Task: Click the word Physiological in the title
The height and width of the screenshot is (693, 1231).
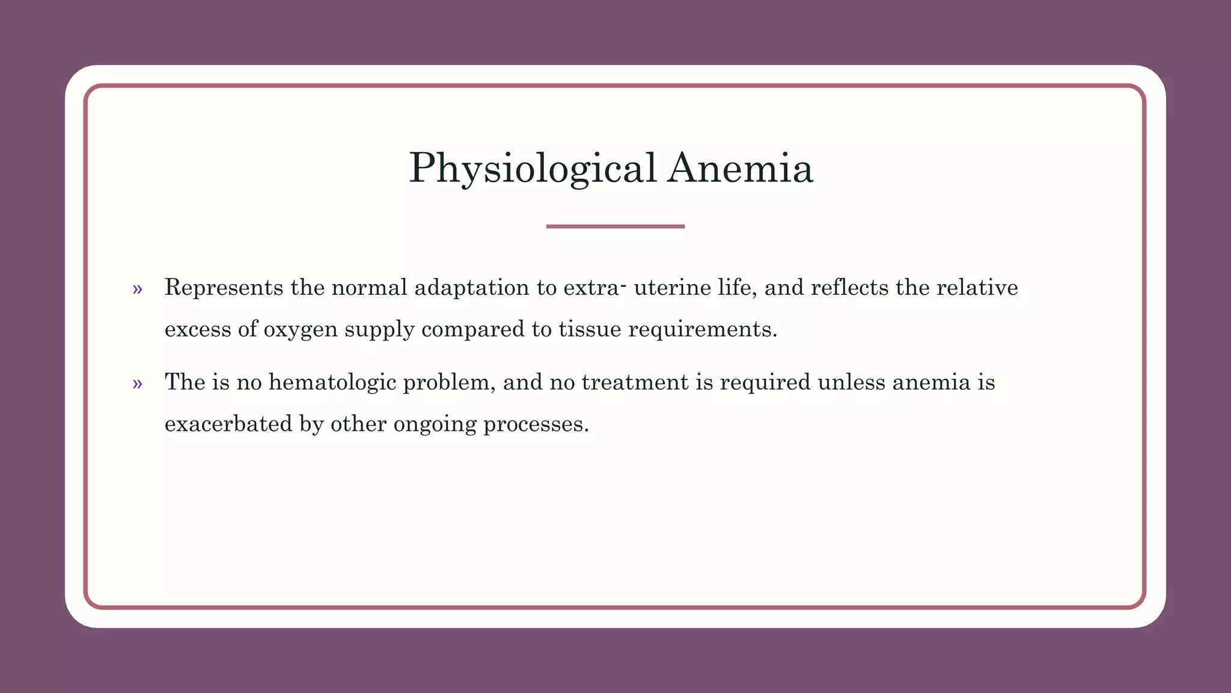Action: pyautogui.click(x=533, y=168)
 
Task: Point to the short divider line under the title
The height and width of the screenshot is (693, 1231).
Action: pyautogui.click(x=615, y=226)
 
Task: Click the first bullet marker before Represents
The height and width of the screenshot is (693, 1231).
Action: pyautogui.click(x=138, y=289)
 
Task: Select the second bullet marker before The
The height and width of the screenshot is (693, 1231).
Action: pyautogui.click(x=138, y=384)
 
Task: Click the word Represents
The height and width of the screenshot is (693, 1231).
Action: pyautogui.click(x=224, y=288)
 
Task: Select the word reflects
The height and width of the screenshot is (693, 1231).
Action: pyautogui.click(x=849, y=288)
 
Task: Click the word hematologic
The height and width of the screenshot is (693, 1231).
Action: pyautogui.click(x=332, y=383)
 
